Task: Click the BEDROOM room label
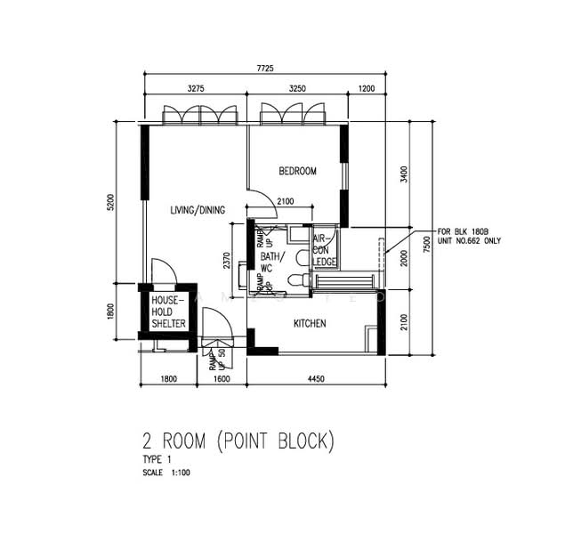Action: (x=297, y=171)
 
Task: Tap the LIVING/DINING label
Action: (x=198, y=210)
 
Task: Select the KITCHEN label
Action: (x=309, y=324)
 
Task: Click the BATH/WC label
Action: (x=270, y=261)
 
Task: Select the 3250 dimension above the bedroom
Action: (x=299, y=89)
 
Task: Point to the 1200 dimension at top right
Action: (x=367, y=89)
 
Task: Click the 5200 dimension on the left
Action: (x=110, y=203)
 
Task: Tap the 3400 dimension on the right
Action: (x=403, y=174)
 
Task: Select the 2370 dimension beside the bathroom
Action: (x=229, y=260)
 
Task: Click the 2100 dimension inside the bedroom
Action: (x=286, y=201)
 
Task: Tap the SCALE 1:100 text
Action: (x=166, y=472)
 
